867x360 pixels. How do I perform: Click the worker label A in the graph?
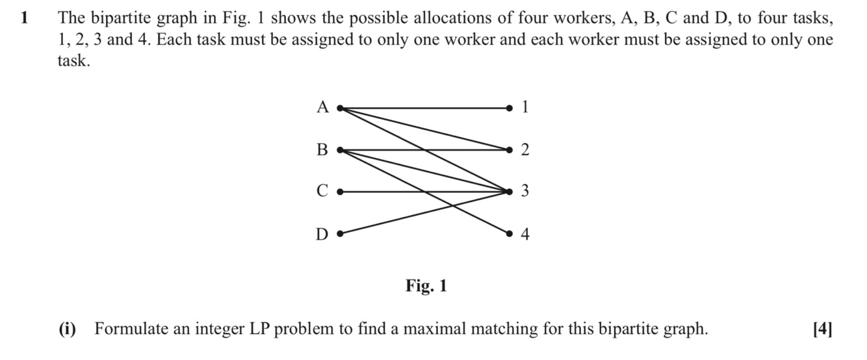point(323,107)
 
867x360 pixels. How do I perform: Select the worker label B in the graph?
point(322,150)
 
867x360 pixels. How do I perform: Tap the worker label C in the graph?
point(322,192)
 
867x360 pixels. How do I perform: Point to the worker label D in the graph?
point(322,234)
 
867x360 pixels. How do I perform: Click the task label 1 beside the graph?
point(525,107)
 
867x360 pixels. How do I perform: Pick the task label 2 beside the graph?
point(525,150)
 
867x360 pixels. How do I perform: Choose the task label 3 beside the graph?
point(525,192)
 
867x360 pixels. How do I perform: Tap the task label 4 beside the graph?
point(525,234)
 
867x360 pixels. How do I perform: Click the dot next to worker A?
point(339,108)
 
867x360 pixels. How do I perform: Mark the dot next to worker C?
point(339,192)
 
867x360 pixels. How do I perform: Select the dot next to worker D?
point(339,233)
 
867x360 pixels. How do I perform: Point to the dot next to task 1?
point(510,108)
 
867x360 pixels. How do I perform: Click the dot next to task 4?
point(510,233)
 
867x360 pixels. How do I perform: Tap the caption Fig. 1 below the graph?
point(426,286)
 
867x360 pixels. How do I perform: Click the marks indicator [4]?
point(822,329)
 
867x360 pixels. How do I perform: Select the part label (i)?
point(68,329)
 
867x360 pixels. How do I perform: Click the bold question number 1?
point(25,18)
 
